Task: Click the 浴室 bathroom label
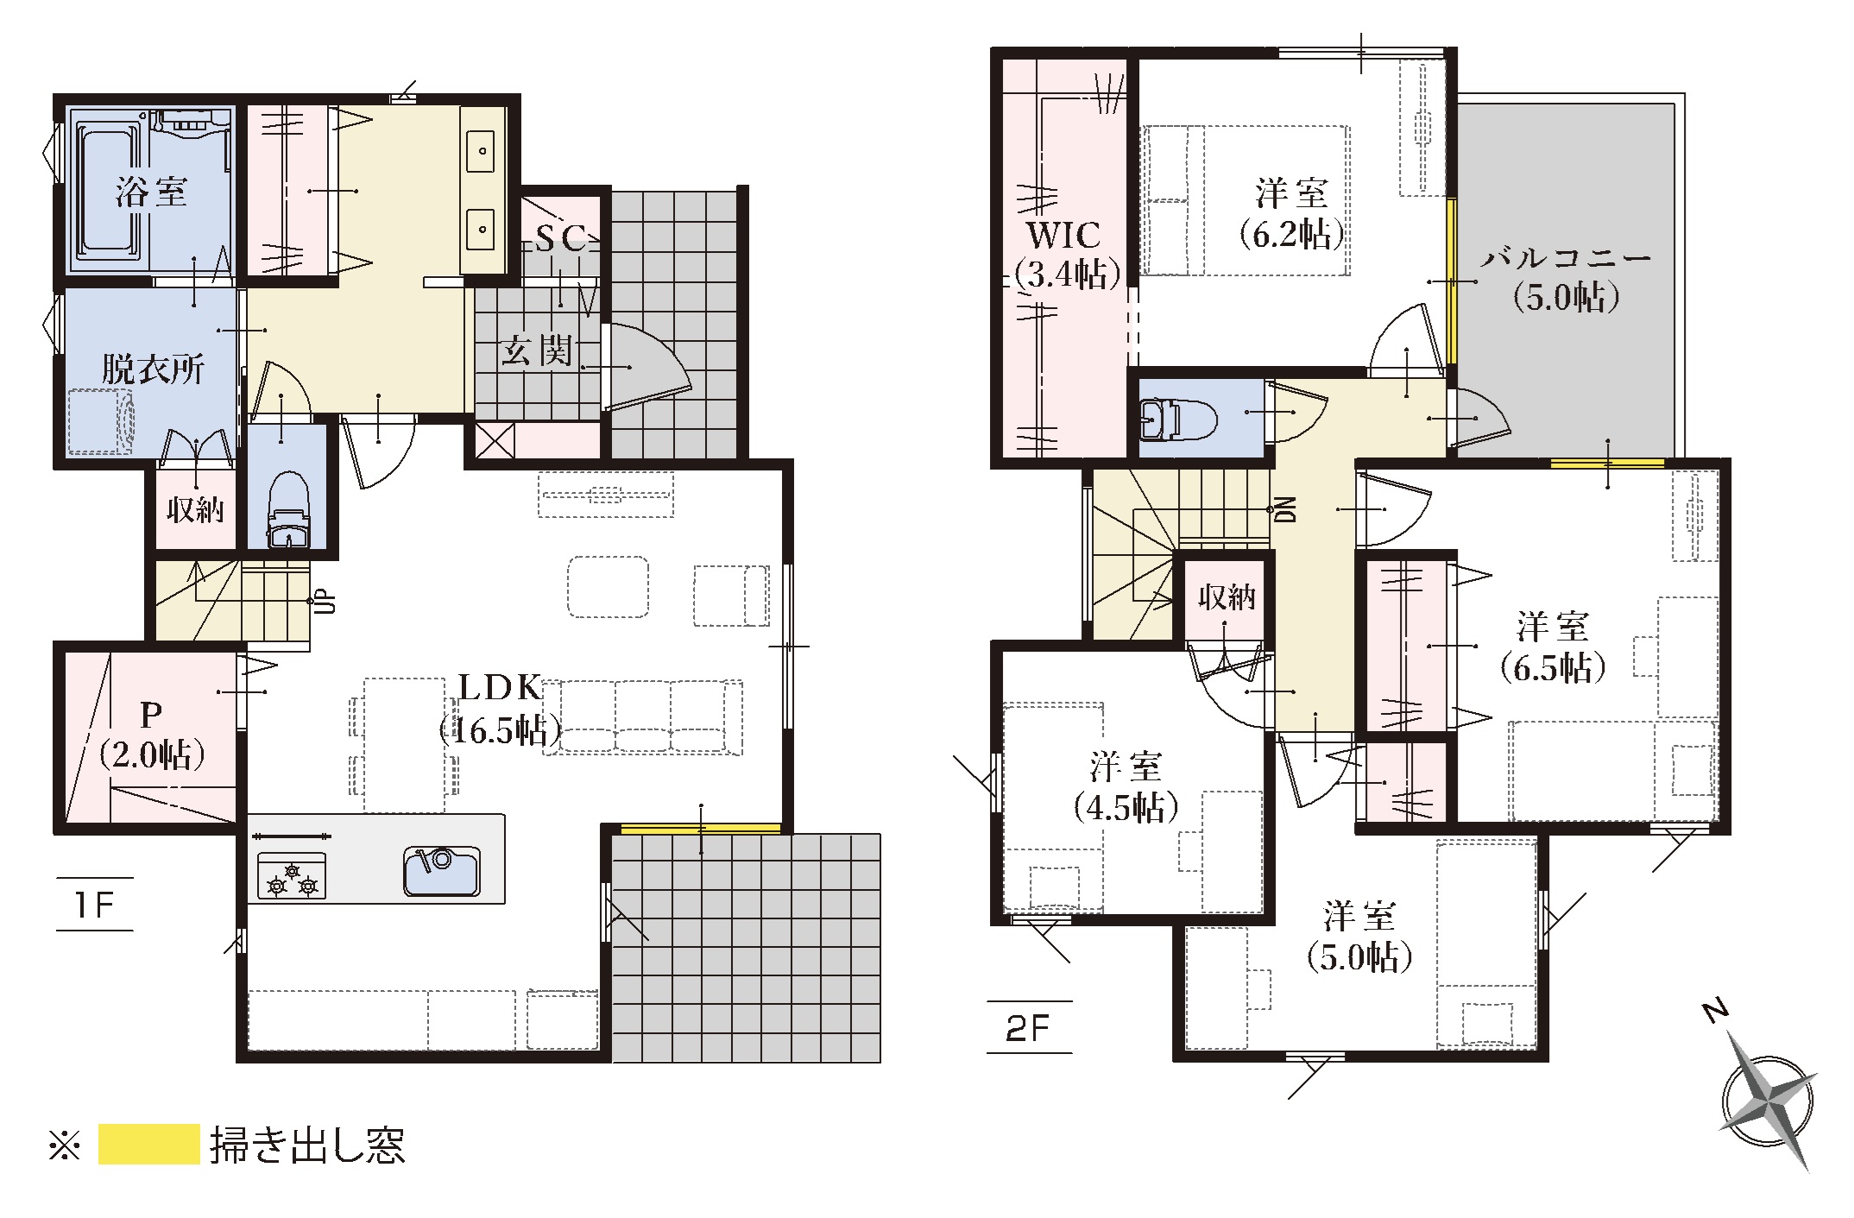point(152,191)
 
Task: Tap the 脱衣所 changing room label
point(153,369)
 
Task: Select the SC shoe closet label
point(561,238)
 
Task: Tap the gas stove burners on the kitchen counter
point(292,876)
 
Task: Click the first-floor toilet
point(288,508)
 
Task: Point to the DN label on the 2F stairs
point(1286,509)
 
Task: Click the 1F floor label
point(94,905)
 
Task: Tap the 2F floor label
point(1028,1028)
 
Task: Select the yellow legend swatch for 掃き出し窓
point(149,1145)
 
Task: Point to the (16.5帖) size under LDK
point(501,731)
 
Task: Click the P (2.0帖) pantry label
point(152,735)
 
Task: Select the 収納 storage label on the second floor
point(1226,596)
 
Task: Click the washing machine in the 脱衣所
point(102,422)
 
